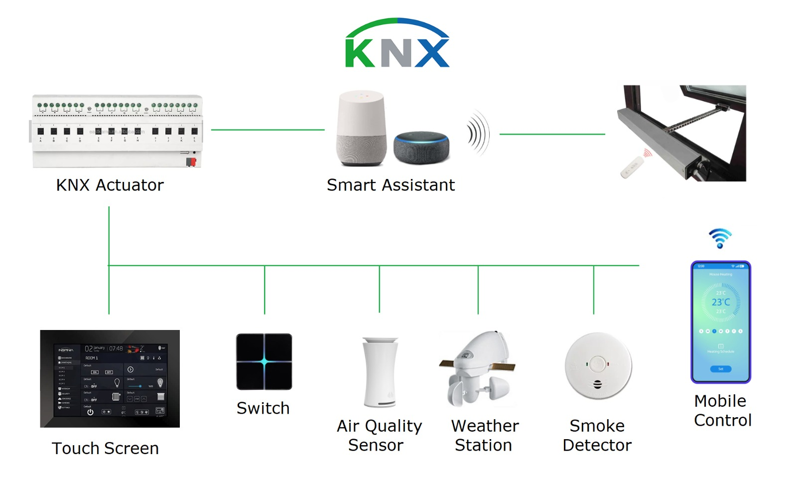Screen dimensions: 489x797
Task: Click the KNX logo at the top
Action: click(398, 44)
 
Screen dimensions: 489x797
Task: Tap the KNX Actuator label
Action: click(110, 185)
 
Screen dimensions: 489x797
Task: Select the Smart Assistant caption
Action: click(391, 185)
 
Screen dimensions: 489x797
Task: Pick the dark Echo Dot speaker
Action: click(421, 147)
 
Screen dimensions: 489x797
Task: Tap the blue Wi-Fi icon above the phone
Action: click(720, 238)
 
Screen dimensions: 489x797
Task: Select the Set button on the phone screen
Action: click(720, 369)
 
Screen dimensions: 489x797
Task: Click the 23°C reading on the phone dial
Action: click(720, 302)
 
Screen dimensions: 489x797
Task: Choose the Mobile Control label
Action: click(722, 410)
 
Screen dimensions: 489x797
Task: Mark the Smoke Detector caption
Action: click(597, 435)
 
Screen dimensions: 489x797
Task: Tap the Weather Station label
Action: click(484, 435)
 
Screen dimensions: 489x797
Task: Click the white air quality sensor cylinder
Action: click(380, 372)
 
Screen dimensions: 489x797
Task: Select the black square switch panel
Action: click(264, 361)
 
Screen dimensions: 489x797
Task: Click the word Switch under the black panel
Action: click(263, 408)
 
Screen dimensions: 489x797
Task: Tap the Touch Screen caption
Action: click(105, 448)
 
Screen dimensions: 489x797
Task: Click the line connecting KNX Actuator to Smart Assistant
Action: click(267, 130)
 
